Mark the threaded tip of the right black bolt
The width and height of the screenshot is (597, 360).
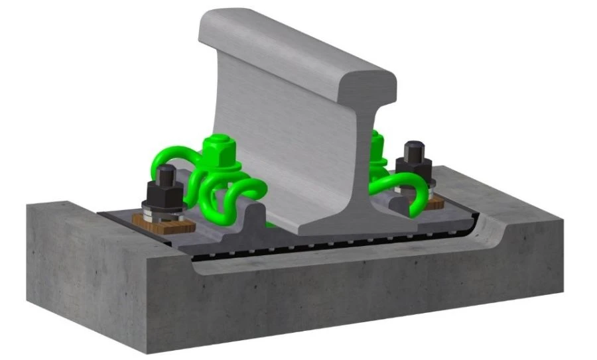tap(415, 148)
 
